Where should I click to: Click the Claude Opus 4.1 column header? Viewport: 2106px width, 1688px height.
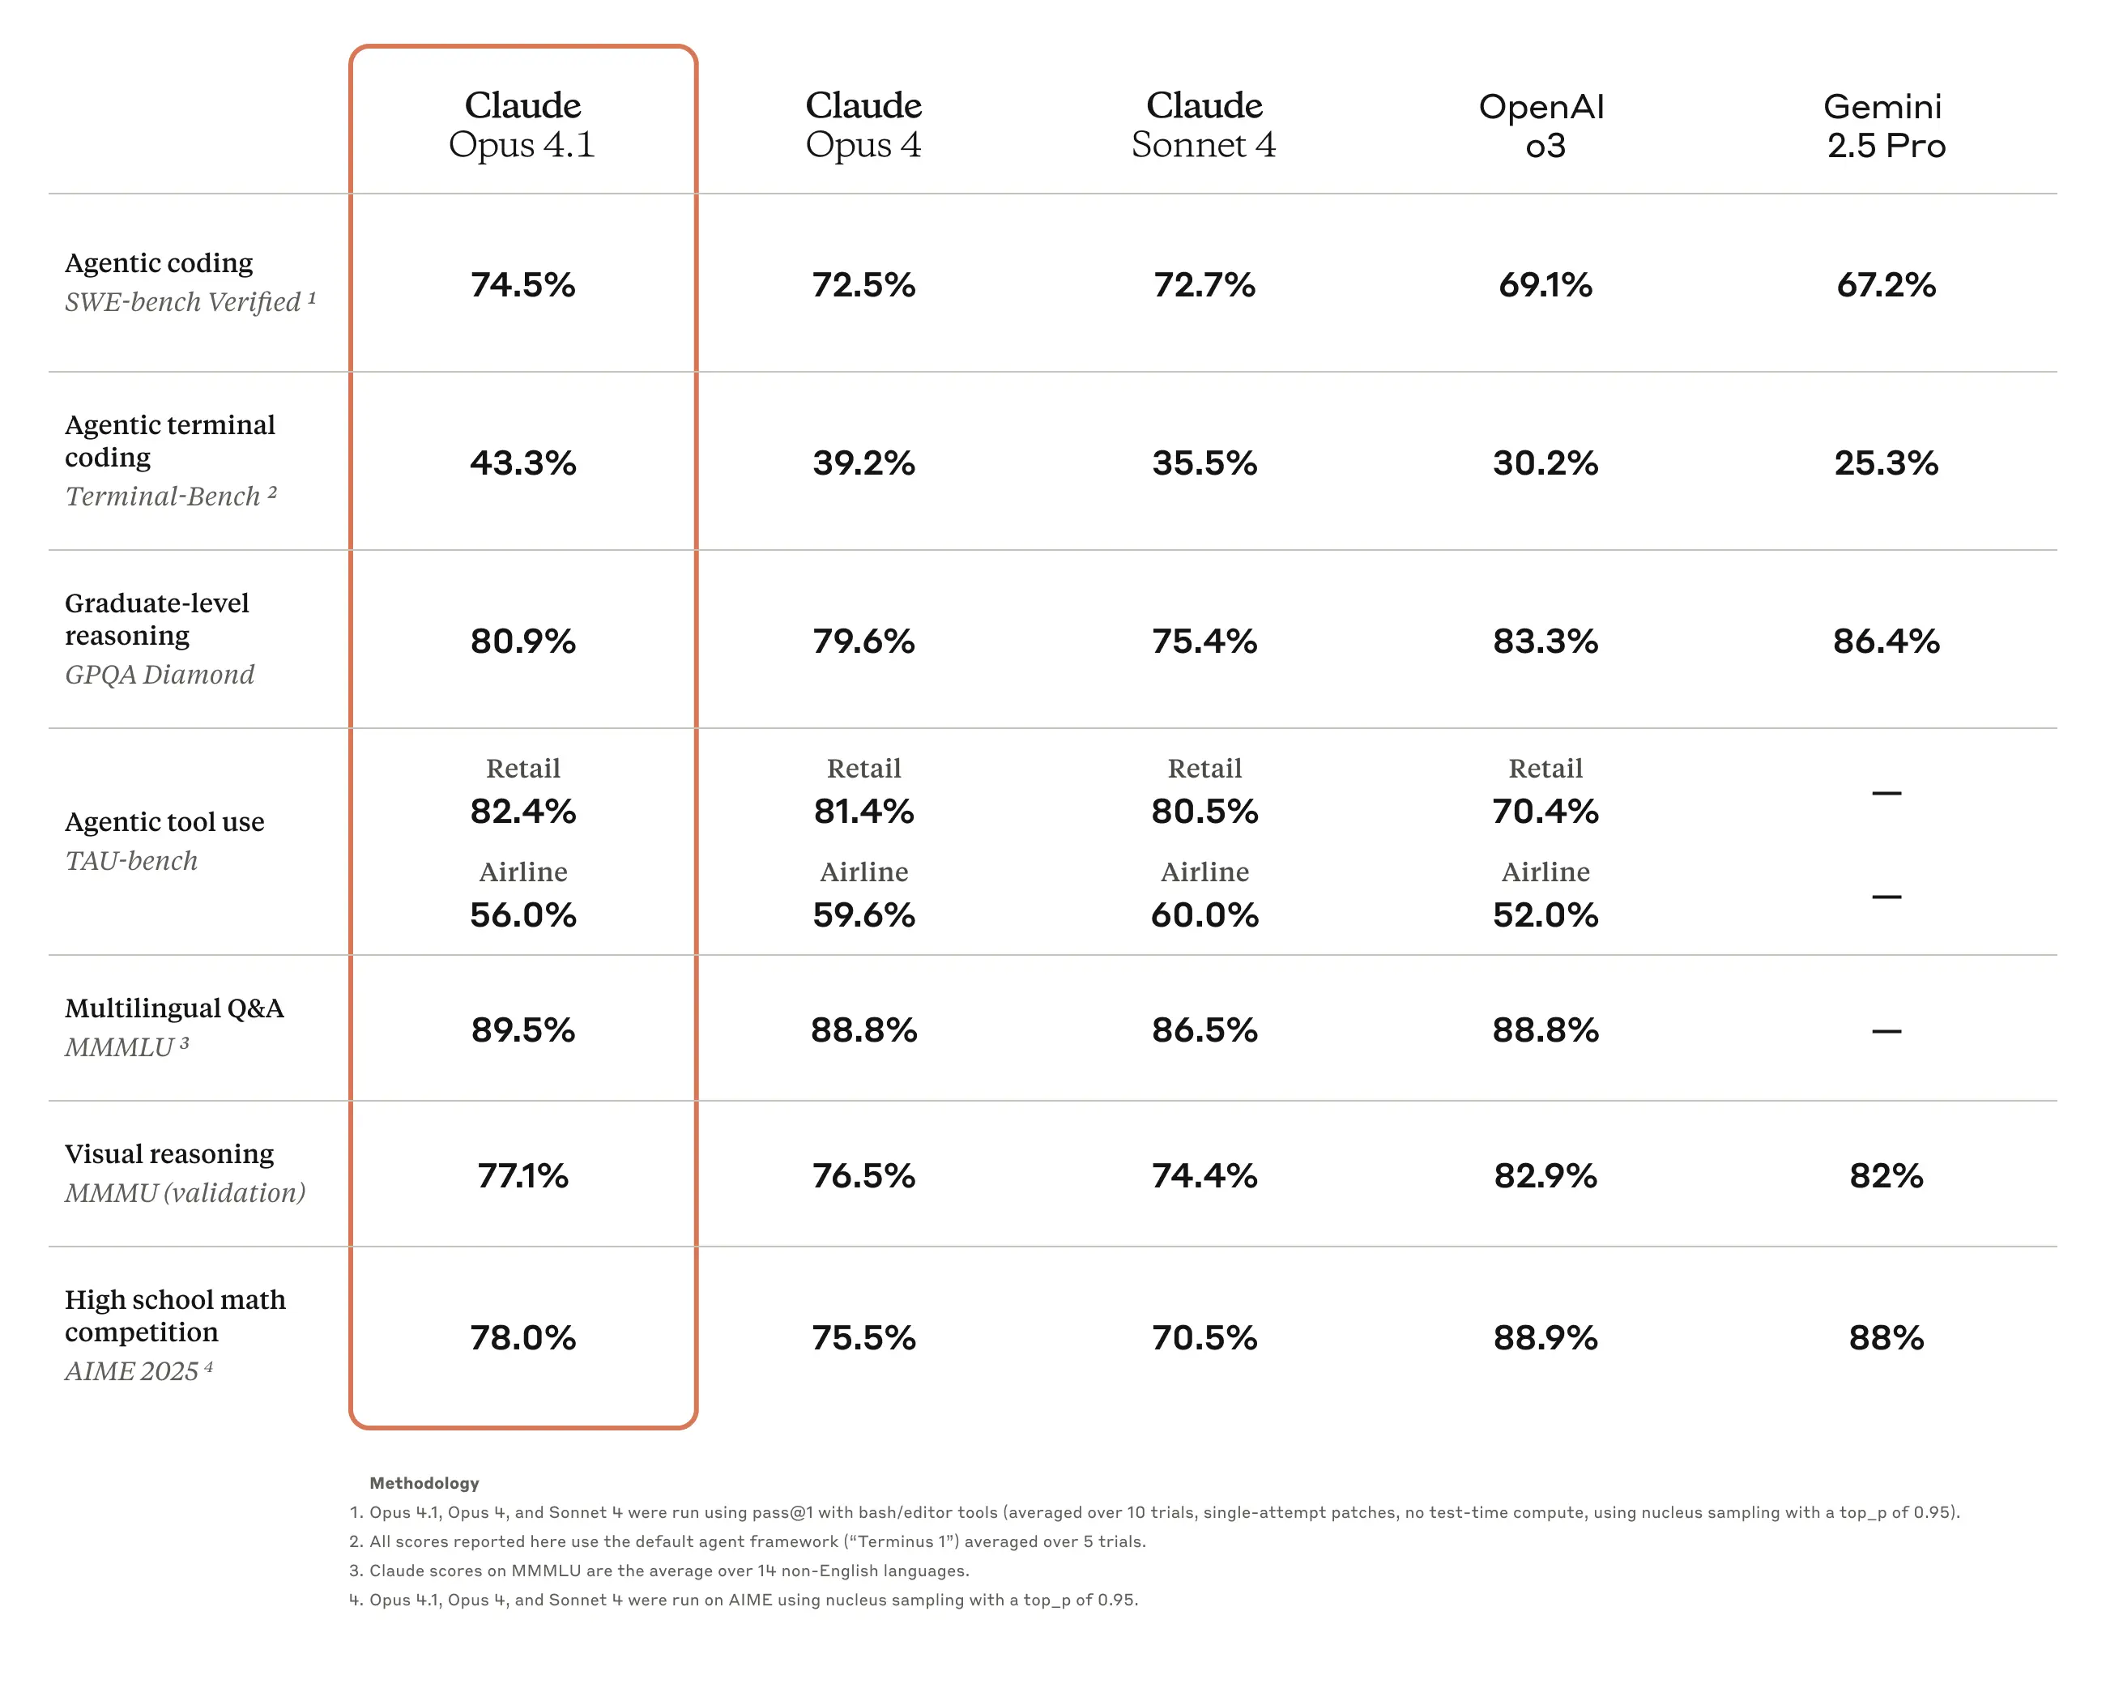click(x=522, y=124)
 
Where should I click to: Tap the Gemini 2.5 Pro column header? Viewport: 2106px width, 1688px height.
click(x=1885, y=125)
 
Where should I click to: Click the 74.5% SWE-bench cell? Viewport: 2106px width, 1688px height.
click(x=522, y=284)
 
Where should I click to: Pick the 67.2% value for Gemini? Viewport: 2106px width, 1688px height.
click(x=1885, y=284)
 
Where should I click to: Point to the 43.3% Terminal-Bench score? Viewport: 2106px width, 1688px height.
click(x=522, y=462)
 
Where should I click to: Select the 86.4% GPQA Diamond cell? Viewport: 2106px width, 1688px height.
click(x=1885, y=641)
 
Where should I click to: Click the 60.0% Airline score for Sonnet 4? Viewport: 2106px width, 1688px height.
click(x=1204, y=914)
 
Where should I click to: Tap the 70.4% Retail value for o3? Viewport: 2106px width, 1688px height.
click(x=1545, y=811)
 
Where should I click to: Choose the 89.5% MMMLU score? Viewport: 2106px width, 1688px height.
click(x=522, y=1029)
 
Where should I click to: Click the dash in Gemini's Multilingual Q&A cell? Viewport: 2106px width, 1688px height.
click(x=1885, y=1030)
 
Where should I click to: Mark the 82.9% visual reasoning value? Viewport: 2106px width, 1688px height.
click(x=1545, y=1175)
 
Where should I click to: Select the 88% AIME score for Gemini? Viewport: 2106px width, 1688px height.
click(x=1885, y=1337)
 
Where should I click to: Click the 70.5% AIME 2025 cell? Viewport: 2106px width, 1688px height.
click(x=1204, y=1337)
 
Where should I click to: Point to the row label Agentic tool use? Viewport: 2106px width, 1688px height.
click(x=164, y=821)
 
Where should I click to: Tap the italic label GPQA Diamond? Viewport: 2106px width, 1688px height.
click(x=160, y=674)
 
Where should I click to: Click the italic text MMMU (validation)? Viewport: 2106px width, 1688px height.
click(x=185, y=1193)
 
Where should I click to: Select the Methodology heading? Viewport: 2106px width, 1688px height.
click(x=424, y=1483)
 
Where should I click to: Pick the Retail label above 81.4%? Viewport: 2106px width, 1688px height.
click(x=863, y=768)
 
